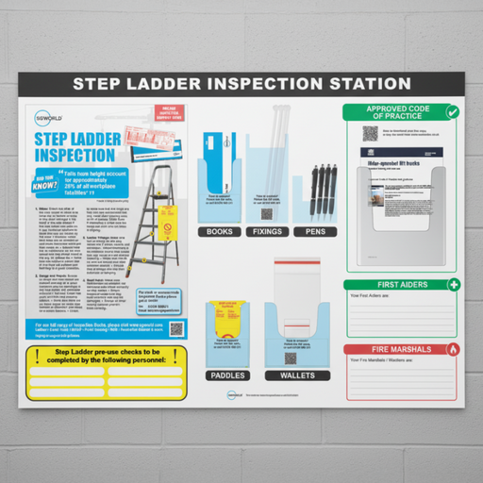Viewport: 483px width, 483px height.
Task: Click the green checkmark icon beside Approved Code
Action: [453, 112]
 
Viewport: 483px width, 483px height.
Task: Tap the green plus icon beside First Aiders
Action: [453, 285]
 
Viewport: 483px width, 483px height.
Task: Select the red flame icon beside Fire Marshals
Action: [453, 349]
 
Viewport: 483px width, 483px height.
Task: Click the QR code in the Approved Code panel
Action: [370, 134]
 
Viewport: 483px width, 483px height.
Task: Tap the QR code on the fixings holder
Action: [266, 213]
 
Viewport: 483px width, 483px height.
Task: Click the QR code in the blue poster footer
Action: [175, 329]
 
